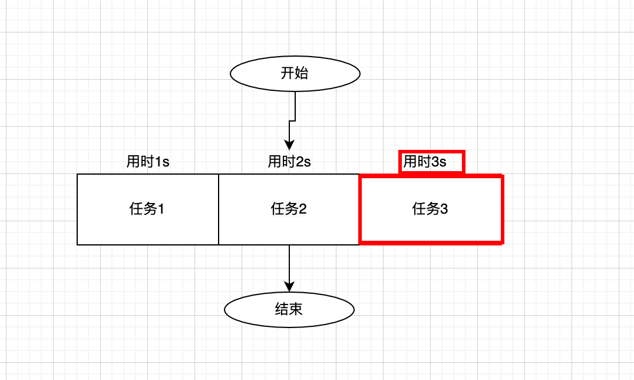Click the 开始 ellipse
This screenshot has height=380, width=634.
[295, 74]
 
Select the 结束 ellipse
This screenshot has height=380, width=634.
[289, 309]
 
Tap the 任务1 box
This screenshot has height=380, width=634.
[147, 209]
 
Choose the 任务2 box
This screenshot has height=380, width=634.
[289, 209]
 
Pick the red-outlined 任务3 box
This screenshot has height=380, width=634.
[431, 209]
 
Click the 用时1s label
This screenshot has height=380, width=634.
[148, 162]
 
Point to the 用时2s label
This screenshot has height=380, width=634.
[289, 162]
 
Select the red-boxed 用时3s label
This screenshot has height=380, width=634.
[425, 162]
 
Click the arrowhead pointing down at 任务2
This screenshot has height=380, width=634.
[289, 145]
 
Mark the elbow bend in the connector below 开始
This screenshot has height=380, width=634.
[295, 121]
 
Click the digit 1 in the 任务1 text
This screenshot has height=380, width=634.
[161, 209]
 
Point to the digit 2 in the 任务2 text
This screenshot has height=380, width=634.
[303, 209]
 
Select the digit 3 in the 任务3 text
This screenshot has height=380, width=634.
[444, 209]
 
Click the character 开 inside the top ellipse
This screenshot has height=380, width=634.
[288, 74]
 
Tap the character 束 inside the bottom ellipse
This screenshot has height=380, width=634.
[296, 309]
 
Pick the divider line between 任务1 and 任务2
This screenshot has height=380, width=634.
[219, 209]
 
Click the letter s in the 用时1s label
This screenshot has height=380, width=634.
[166, 162]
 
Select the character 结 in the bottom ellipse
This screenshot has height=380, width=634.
[282, 309]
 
